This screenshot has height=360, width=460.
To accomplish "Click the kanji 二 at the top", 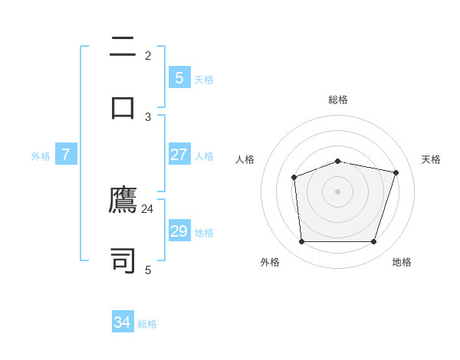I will (x=123, y=47).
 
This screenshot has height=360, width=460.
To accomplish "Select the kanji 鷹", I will (x=123, y=201).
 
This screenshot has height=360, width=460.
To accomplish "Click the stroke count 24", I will (x=147, y=208).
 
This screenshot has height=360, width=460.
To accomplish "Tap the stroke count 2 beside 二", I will (x=148, y=55).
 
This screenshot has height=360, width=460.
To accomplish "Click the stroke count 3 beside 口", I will (x=148, y=116).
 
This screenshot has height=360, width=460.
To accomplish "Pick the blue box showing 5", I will (x=179, y=78).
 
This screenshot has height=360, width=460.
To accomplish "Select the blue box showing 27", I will (x=179, y=155).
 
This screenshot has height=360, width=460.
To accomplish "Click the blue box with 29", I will (x=179, y=231).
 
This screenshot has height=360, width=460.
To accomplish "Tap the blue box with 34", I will (x=122, y=322).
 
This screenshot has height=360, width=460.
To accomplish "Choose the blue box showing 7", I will (x=66, y=155).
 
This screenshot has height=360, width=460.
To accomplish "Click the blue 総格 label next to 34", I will (x=147, y=324).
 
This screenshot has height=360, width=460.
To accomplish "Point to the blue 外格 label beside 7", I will (x=41, y=156).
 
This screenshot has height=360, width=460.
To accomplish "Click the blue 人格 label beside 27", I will (x=204, y=156).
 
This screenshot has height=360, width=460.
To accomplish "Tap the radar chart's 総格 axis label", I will (x=338, y=100).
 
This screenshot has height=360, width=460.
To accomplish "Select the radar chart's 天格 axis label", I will (x=432, y=159).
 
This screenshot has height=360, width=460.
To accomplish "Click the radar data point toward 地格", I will (x=373, y=242).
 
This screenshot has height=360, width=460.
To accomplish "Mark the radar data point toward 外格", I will (x=301, y=242).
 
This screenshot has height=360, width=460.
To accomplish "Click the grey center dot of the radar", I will (x=337, y=191).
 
